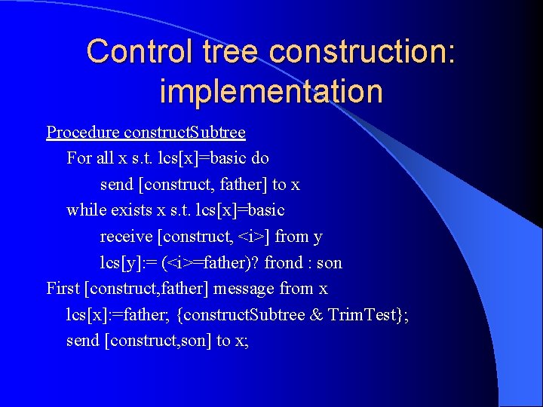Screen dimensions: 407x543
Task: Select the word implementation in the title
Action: (271, 91)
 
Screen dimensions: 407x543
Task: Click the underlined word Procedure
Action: (78, 133)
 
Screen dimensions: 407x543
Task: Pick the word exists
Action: (131, 210)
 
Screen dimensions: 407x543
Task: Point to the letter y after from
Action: (318, 237)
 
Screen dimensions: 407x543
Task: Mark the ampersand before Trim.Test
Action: (317, 314)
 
